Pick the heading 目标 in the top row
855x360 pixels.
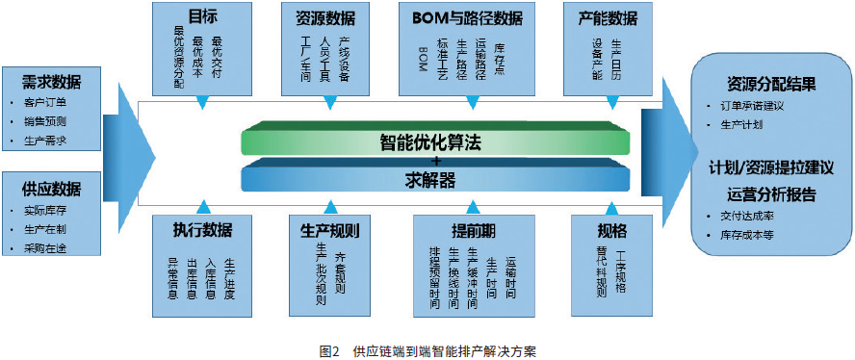tap(201, 17)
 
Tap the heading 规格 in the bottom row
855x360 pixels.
tap(612, 230)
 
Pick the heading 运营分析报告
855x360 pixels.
tap(768, 194)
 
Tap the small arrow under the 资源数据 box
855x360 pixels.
tap(330, 100)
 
